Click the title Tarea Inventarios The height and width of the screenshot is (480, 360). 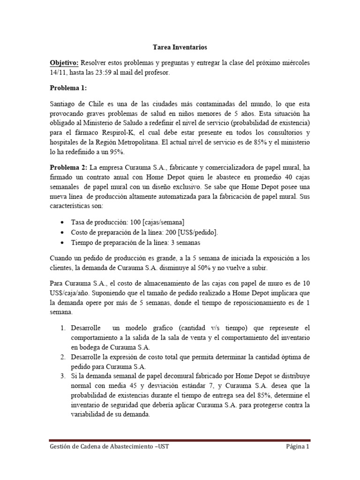pos(180,47)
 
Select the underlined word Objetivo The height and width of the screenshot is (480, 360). pos(64,63)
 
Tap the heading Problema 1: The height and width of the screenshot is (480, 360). pos(68,88)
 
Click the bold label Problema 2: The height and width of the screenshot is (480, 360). pos(68,167)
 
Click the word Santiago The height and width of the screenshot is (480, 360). pos(65,103)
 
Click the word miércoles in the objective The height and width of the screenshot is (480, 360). pos(293,63)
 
